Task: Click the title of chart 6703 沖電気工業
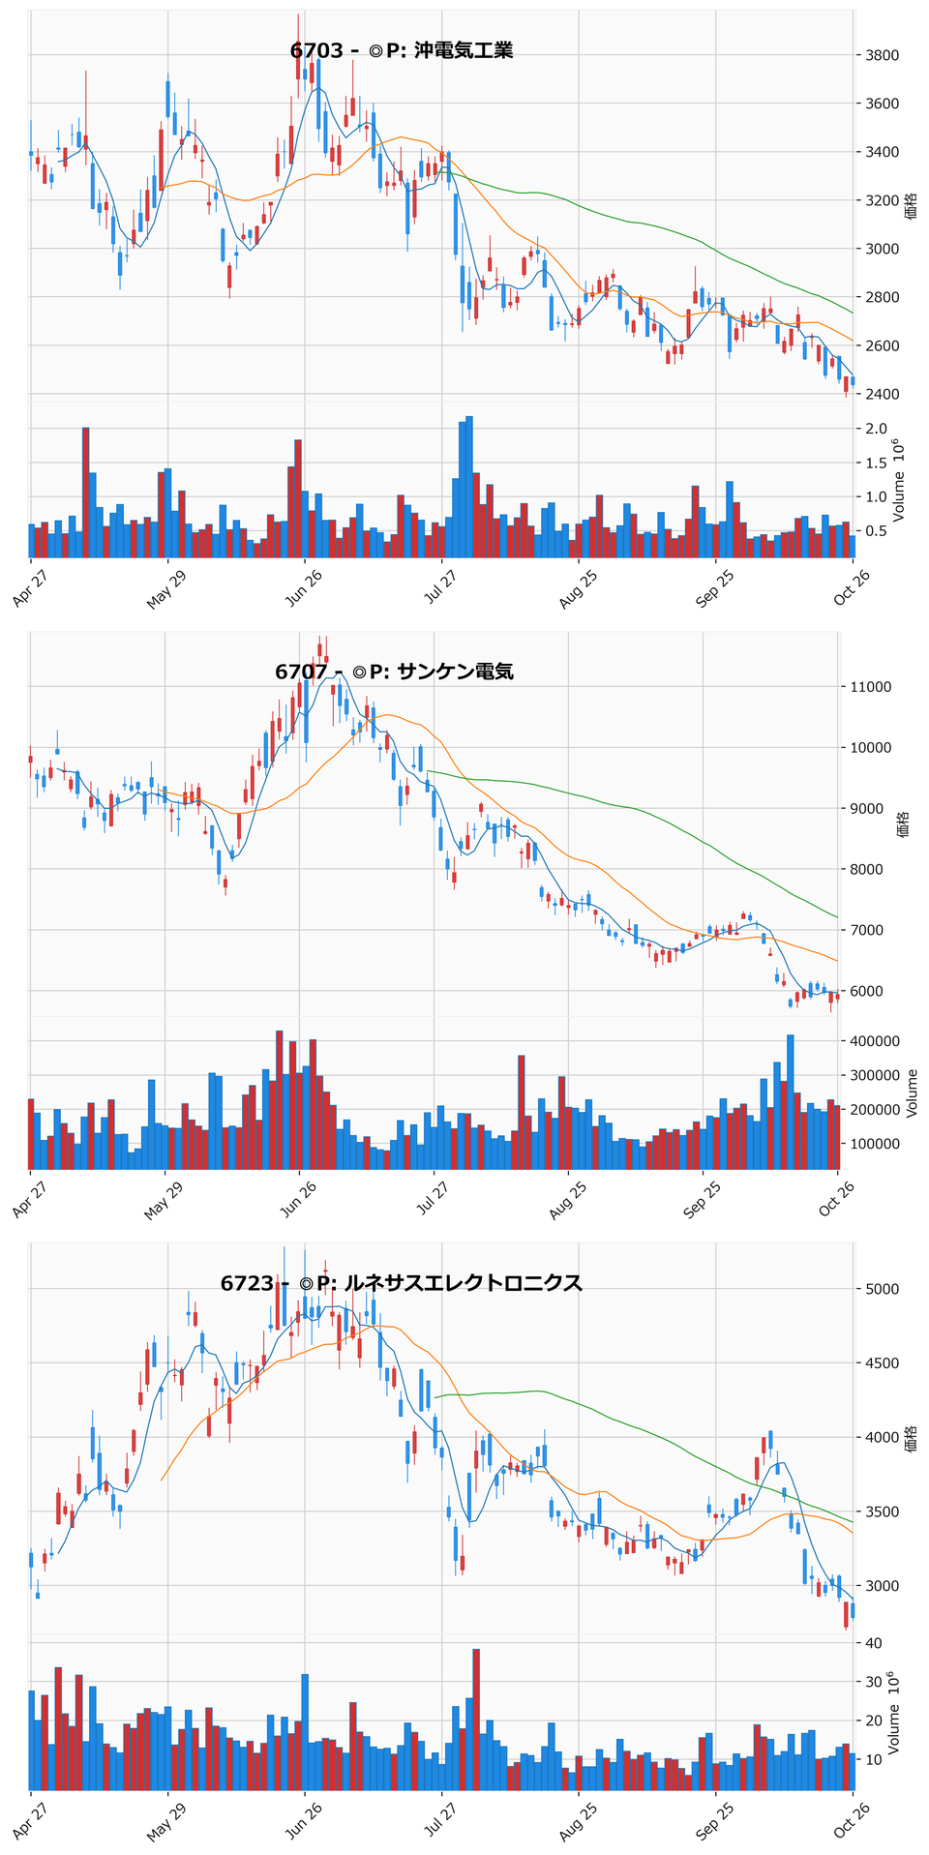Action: click(402, 50)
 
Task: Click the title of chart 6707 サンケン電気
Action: click(394, 672)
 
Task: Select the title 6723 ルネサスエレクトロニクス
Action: click(402, 1283)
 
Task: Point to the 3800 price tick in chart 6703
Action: click(884, 55)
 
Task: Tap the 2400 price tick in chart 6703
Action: click(884, 394)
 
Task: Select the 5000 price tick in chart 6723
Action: click(884, 1289)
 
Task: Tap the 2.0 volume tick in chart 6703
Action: click(878, 429)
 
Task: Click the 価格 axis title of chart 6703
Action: click(912, 206)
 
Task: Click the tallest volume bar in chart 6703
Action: click(469, 488)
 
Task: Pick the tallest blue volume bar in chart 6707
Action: click(791, 1102)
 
